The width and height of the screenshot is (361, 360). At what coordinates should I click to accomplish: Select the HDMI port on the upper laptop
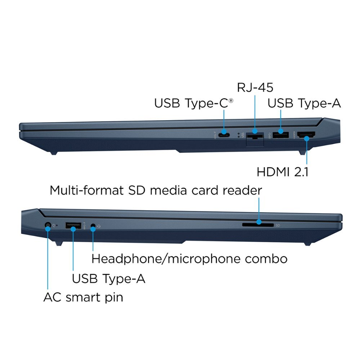click(306, 136)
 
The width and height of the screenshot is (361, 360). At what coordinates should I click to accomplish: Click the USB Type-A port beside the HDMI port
click(281, 136)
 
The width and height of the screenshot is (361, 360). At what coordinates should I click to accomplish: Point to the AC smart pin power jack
click(48, 226)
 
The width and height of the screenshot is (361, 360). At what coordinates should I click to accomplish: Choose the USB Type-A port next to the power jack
click(73, 226)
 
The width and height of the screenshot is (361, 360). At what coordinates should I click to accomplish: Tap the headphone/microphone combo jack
click(93, 226)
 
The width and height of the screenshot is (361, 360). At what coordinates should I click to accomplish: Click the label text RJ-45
click(255, 87)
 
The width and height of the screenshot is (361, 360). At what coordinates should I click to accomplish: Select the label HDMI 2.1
click(282, 172)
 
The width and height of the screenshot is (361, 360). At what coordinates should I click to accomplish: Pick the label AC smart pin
click(83, 297)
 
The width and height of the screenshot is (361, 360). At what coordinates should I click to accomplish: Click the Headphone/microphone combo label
click(189, 258)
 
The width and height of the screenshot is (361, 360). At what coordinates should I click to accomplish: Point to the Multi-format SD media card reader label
click(156, 190)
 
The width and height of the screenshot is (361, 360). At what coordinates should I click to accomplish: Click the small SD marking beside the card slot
click(278, 225)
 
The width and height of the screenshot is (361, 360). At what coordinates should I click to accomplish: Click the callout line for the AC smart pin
click(48, 259)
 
